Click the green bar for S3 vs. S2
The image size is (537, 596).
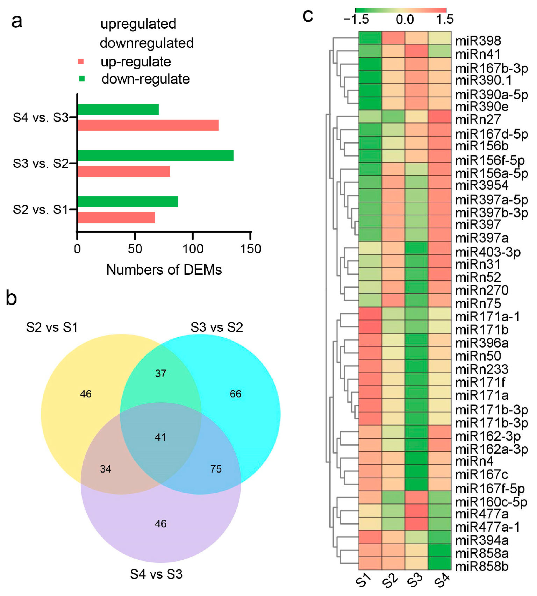pos(156,156)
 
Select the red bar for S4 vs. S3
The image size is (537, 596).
pos(148,125)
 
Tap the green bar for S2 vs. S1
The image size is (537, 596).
pos(128,202)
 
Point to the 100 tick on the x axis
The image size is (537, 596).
pos(193,249)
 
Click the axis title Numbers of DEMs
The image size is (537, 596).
pos(164,270)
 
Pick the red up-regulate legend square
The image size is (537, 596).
pos(81,62)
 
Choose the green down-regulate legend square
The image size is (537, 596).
pos(82,79)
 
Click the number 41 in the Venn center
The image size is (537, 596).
pos(160,437)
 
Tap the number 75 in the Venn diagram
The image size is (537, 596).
pos(216,469)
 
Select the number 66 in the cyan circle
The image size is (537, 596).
pos(236,394)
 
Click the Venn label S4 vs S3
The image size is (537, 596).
pos(156,574)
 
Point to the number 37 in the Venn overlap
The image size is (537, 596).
pos(161,373)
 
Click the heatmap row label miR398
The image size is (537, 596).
pos(478,41)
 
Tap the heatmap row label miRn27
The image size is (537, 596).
pos(478,120)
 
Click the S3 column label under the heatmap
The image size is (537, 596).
pos(415,581)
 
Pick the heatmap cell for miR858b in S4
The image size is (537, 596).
pos(439,563)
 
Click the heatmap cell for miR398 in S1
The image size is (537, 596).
pos(370,38)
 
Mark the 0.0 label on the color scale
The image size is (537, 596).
pos(405,20)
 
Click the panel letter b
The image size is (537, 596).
pos(12,298)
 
